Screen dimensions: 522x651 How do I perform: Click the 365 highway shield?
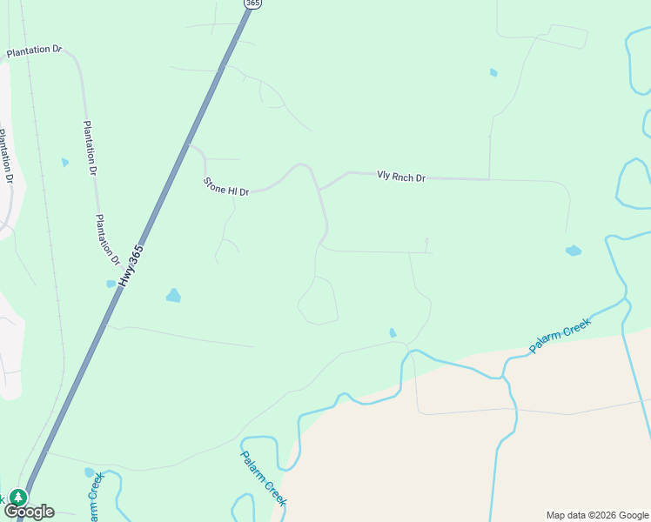pos(252,3)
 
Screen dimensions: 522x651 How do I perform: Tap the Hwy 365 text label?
pos(131,266)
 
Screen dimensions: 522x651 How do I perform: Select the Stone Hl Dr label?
pos(225,186)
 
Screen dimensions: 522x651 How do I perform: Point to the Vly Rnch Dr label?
pos(400,177)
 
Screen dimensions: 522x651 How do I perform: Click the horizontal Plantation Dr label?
pos(34,51)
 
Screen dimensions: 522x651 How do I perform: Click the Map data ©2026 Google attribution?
pos(598,515)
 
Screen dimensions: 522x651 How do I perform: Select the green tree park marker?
pos(17,497)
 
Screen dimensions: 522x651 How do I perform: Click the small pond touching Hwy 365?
pos(111,284)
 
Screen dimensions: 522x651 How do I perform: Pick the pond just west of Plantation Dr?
pos(65,162)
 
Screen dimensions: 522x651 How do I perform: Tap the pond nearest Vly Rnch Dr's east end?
pos(573,251)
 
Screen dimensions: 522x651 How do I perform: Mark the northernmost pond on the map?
pos(493,72)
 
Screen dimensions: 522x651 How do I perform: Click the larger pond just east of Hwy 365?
pos(173,295)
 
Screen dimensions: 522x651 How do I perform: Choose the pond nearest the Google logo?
pos(89,472)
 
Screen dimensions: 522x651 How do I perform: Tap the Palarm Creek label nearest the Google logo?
pos(94,496)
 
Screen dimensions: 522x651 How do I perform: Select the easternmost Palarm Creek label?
pos(560,334)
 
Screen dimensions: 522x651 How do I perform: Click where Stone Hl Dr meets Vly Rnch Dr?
pos(319,189)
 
